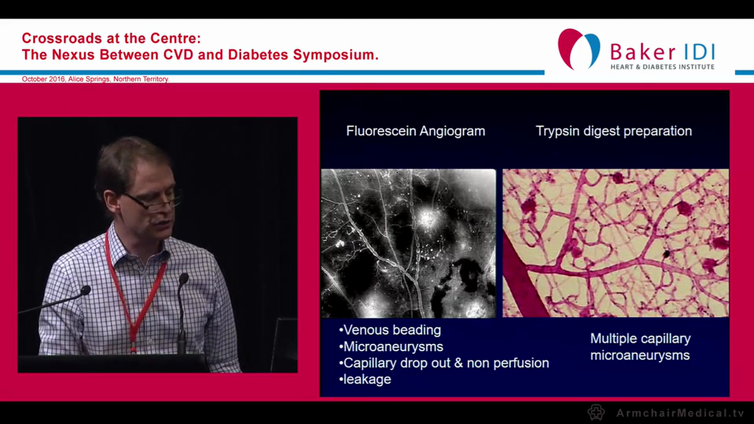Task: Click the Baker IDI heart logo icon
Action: [x=578, y=49]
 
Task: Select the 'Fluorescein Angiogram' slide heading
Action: [x=415, y=131]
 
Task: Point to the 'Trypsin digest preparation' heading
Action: [x=613, y=131]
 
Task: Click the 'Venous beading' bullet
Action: [x=391, y=330]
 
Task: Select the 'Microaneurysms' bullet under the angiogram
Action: [x=392, y=346]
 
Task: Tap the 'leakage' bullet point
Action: [x=366, y=379]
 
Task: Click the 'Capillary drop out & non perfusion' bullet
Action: [x=445, y=363]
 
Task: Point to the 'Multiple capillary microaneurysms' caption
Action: [x=640, y=347]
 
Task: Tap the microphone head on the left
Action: [x=85, y=290]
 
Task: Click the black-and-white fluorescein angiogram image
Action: [x=408, y=243]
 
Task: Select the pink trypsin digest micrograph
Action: [x=615, y=243]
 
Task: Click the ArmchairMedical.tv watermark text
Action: [x=680, y=413]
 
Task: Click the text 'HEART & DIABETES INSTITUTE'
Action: [x=662, y=67]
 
